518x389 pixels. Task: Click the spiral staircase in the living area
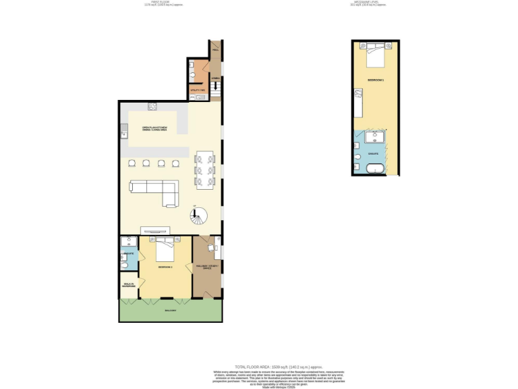[198, 217]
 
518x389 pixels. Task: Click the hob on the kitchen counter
[152, 106]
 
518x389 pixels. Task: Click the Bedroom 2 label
[166, 267]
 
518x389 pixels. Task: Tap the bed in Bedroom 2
[166, 251]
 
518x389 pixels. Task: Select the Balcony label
[171, 311]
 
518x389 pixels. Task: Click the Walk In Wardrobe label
[129, 286]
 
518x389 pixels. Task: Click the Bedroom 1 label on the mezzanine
[376, 80]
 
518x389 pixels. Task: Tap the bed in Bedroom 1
[375, 55]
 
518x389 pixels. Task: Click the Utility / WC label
[198, 89]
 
